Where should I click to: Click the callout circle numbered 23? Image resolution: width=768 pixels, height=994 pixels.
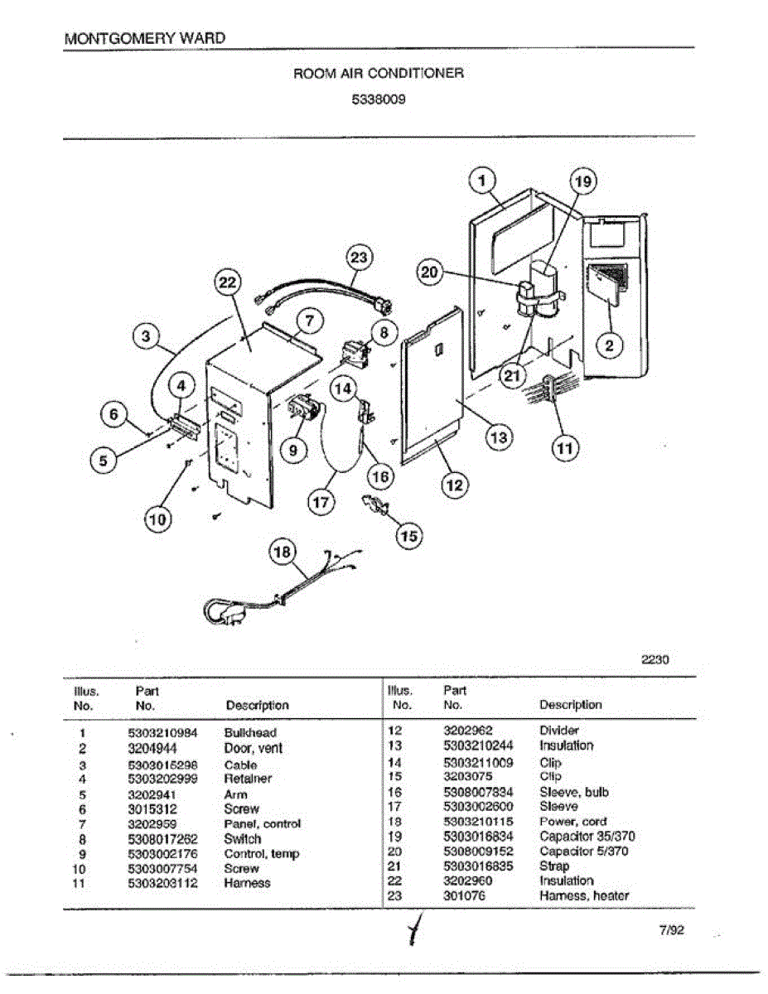tap(358, 258)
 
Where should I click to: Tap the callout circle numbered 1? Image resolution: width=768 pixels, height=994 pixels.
tap(484, 179)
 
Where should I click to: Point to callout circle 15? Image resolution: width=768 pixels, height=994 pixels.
tap(409, 536)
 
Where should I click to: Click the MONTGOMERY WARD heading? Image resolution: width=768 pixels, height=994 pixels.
tap(143, 38)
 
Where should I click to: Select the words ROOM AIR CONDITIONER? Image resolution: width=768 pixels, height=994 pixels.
tap(379, 73)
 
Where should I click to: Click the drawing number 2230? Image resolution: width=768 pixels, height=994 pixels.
tap(654, 660)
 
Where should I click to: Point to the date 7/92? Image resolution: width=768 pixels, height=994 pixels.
tap(672, 930)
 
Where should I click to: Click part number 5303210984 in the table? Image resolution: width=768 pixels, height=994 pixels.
tap(163, 733)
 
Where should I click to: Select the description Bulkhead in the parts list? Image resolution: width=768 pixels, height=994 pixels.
tap(250, 733)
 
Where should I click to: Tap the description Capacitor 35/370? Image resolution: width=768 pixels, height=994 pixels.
tap(587, 837)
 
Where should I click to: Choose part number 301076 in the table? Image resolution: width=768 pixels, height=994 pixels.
tap(465, 895)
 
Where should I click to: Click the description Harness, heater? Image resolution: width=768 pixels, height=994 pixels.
tap(583, 895)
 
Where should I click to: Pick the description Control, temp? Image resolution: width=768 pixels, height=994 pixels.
tap(261, 854)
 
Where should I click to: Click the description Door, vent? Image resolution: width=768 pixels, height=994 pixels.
tap(253, 748)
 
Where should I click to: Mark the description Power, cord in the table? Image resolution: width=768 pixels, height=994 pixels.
tap(572, 822)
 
